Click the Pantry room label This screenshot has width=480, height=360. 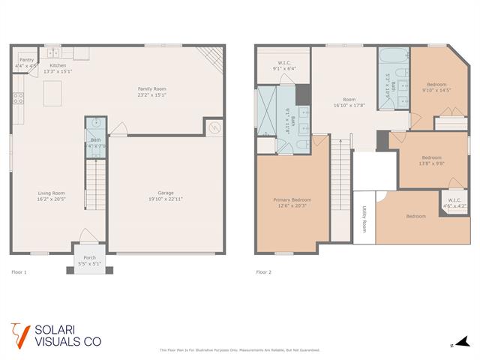tap(26, 59)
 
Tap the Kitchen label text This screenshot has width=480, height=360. tap(58, 66)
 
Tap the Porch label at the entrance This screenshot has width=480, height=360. tap(89, 259)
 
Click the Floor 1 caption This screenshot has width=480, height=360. tap(19, 271)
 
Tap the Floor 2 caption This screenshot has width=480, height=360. tap(263, 271)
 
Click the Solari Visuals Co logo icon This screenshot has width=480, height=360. tap(19, 334)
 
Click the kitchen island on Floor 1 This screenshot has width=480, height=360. tap(52, 94)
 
